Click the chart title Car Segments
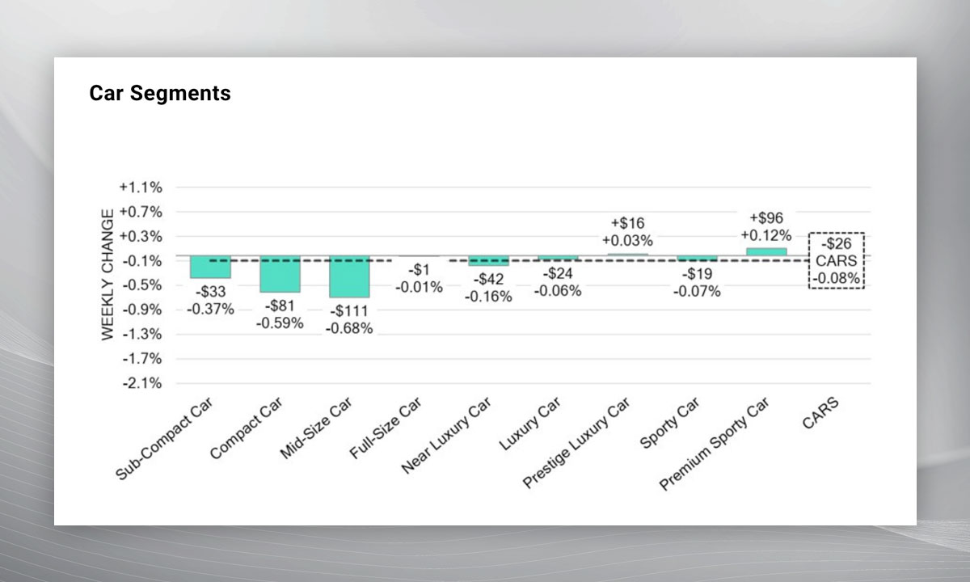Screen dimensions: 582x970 [159, 94]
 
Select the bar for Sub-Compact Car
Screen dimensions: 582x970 [210, 267]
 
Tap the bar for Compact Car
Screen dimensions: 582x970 [280, 274]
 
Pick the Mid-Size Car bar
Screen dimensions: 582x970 [349, 276]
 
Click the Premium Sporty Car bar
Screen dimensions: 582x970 [766, 251]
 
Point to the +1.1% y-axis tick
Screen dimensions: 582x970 [141, 188]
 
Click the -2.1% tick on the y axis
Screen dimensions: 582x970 [141, 383]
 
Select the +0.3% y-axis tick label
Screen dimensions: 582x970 [141, 237]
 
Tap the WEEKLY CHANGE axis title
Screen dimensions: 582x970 [108, 275]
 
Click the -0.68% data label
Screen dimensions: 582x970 [349, 329]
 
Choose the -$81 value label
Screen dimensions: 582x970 [280, 307]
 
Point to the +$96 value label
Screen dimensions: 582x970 [766, 218]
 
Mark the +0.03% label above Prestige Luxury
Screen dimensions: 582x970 [627, 240]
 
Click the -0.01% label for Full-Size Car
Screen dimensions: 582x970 [419, 287]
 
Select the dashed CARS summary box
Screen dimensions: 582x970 [837, 260]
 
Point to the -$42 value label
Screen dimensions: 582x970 [488, 280]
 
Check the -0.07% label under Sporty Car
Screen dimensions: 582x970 [697, 291]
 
